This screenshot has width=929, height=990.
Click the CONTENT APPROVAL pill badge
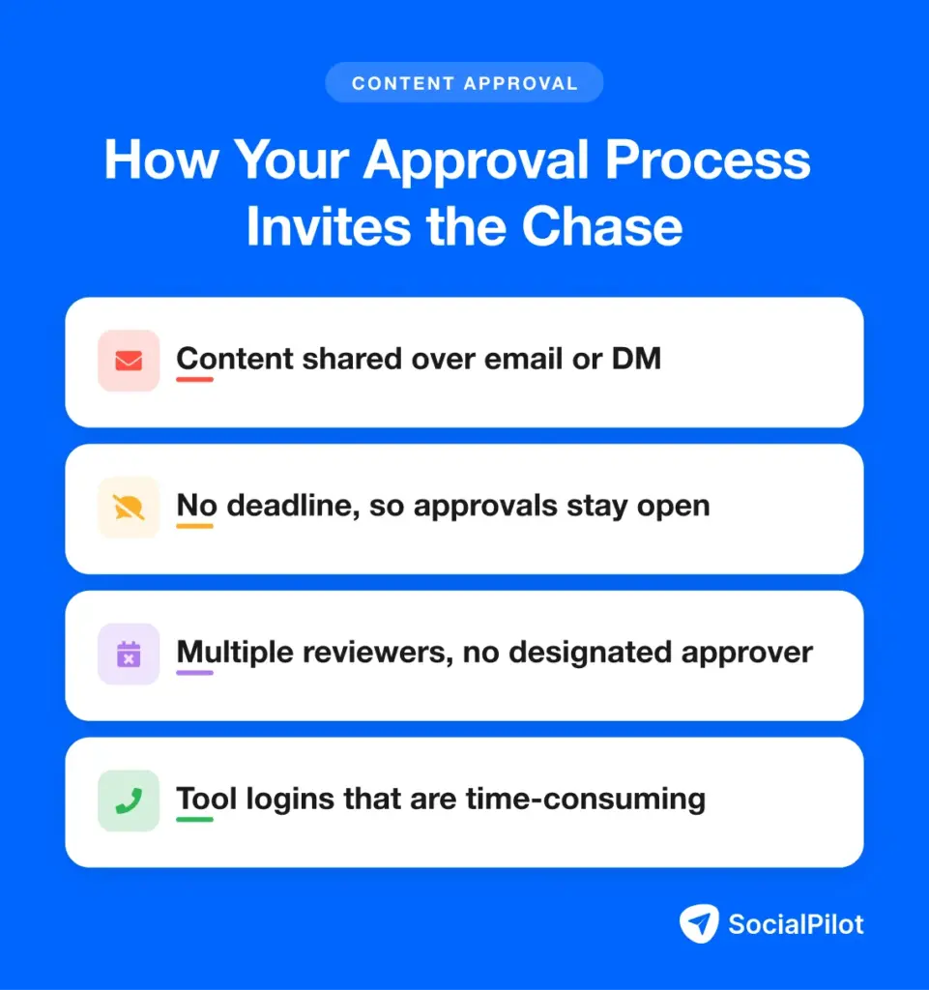click(464, 83)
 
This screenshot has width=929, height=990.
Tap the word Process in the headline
click(708, 160)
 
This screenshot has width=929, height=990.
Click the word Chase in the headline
click(602, 226)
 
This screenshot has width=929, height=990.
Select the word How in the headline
click(161, 160)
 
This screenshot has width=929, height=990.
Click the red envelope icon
click(129, 361)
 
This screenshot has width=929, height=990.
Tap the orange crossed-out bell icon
click(129, 507)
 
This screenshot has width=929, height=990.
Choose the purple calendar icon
click(129, 655)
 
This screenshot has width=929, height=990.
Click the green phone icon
click(129, 801)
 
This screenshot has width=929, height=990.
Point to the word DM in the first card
click(636, 359)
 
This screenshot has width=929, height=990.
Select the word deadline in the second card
click(293, 506)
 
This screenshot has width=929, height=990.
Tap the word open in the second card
click(674, 507)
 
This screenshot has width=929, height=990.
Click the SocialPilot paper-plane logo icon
click(699, 923)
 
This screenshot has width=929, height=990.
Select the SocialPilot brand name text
click(796, 924)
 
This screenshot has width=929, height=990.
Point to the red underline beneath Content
click(194, 379)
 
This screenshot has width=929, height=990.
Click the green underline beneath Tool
click(194, 820)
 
